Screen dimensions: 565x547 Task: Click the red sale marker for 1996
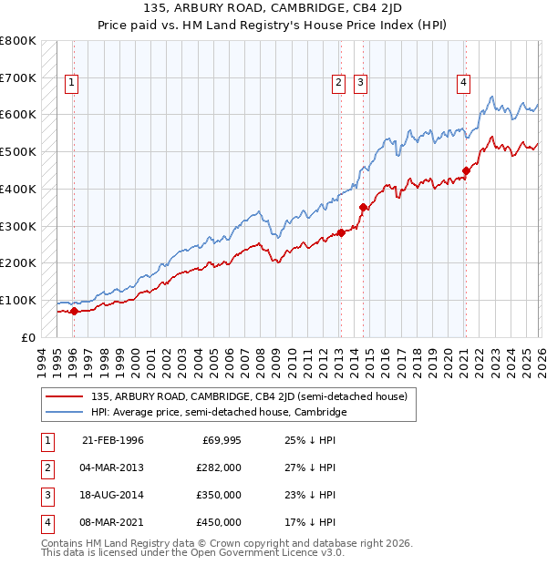click(x=74, y=312)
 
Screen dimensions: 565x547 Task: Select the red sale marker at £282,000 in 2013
click(x=341, y=232)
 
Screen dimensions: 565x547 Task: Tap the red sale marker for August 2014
click(x=363, y=207)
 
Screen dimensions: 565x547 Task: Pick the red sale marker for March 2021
click(x=466, y=169)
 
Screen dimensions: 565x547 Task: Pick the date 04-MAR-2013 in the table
click(x=113, y=467)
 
